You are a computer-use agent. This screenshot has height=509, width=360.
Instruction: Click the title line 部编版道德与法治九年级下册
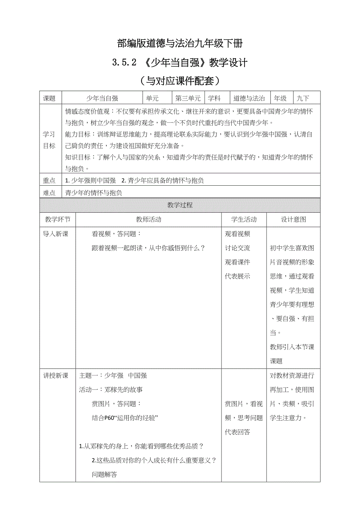(x=180, y=43)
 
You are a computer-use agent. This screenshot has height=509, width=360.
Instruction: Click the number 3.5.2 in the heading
(x=122, y=63)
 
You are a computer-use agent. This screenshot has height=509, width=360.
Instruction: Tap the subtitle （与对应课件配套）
(x=180, y=81)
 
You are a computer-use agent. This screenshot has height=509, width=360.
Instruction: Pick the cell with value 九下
(x=303, y=99)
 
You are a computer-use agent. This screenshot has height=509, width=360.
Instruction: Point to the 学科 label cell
(x=214, y=99)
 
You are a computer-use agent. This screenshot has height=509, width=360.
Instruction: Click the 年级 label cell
(x=280, y=99)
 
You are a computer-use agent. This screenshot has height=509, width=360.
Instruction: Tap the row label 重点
(x=49, y=181)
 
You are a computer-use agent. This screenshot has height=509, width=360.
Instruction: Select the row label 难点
(x=49, y=193)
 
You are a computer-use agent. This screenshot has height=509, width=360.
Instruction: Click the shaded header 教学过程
(x=180, y=205)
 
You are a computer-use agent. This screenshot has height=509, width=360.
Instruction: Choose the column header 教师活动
(x=148, y=219)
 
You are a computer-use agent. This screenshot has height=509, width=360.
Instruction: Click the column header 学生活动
(x=244, y=219)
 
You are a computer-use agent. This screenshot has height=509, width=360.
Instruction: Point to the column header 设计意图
(x=293, y=219)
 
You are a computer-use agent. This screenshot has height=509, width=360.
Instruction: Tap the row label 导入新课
(x=56, y=234)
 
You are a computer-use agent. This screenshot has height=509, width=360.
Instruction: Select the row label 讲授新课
(x=56, y=376)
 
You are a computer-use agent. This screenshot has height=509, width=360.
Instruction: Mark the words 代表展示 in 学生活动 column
(x=238, y=276)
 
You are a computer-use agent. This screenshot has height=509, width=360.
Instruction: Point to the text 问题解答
(x=104, y=475)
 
